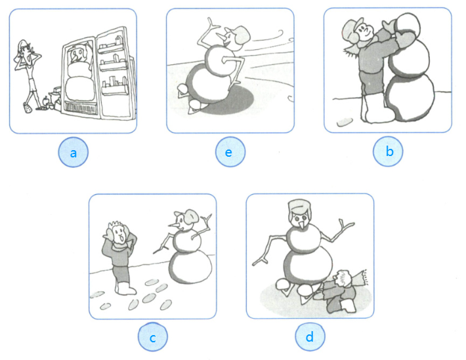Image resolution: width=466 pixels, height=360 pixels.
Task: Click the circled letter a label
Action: tap(73, 152)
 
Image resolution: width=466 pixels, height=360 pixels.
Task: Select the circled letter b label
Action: tap(388, 151)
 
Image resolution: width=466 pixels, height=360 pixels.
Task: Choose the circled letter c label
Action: tap(153, 337)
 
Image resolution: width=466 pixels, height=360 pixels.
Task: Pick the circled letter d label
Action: tap(310, 336)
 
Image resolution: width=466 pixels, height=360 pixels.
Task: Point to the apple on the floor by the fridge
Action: tap(45, 101)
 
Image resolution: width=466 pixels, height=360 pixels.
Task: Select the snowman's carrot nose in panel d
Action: tap(303, 225)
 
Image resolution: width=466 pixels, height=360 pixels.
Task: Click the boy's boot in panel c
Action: tap(125, 288)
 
